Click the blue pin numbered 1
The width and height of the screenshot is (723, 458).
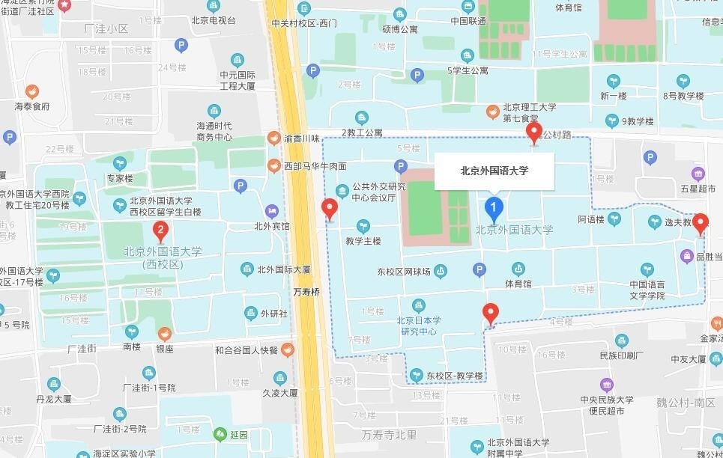click(493, 207)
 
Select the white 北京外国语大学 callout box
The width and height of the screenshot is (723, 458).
click(494, 171)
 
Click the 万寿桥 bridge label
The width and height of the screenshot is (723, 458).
click(306, 292)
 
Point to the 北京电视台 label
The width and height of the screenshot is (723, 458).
click(214, 21)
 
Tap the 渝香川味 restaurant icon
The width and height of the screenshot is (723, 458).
click(274, 138)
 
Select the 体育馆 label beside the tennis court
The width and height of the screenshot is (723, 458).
click(518, 284)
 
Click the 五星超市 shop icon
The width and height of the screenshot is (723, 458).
click(698, 174)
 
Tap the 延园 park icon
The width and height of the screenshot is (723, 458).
click(220, 434)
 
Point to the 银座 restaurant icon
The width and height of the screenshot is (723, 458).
click(165, 333)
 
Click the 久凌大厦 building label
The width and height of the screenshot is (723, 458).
click(280, 392)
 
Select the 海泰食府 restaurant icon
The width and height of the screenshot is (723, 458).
click(31, 91)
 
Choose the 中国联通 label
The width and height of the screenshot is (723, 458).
click(468, 21)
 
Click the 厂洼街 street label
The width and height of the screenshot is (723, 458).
click(82, 349)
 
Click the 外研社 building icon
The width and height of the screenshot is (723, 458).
click(249, 314)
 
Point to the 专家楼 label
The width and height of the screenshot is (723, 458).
click(120, 179)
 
